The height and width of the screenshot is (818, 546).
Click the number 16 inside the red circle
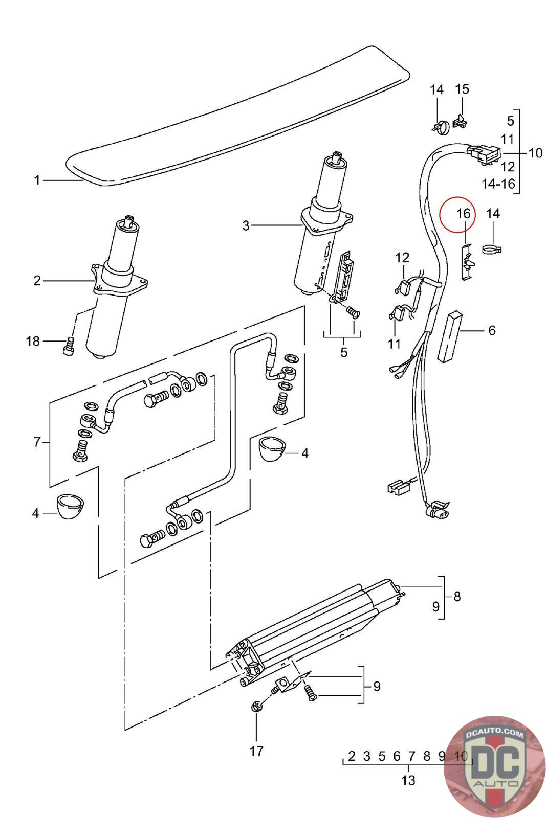pyautogui.click(x=464, y=213)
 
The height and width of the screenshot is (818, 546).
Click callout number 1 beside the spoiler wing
pyautogui.click(x=36, y=180)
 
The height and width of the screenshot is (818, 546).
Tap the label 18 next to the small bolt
pyautogui.click(x=33, y=342)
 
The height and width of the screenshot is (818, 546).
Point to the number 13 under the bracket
pyautogui.click(x=408, y=780)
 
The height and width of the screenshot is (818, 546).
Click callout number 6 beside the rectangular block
pyautogui.click(x=492, y=330)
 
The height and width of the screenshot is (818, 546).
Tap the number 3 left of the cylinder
pyautogui.click(x=246, y=225)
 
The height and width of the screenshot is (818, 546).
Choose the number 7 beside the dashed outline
pyautogui.click(x=37, y=442)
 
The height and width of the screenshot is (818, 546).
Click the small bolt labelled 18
pyautogui.click(x=68, y=346)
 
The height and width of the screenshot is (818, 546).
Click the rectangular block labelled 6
pyautogui.click(x=449, y=336)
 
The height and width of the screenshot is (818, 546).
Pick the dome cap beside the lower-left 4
pyautogui.click(x=71, y=507)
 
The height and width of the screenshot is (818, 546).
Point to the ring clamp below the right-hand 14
pyautogui.click(x=492, y=250)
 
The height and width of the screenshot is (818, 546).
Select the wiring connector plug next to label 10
pyautogui.click(x=484, y=153)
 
